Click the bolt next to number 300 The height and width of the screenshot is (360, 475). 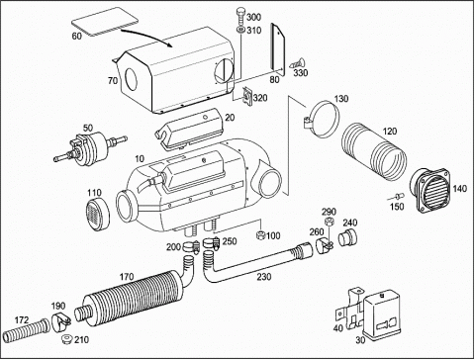click(x=240, y=17)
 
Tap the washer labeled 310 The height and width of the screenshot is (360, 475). click(x=240, y=31)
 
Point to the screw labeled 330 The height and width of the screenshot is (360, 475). click(x=296, y=63)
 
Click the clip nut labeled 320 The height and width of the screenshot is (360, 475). click(x=247, y=96)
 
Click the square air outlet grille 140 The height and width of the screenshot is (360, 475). click(x=430, y=190)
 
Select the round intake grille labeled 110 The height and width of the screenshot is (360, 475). click(x=98, y=214)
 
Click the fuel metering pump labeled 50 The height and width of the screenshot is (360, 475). click(x=89, y=146)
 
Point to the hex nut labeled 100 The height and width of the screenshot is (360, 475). click(x=261, y=235)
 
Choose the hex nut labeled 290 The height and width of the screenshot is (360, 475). click(x=329, y=222)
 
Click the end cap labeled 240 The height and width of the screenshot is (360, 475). click(x=348, y=237)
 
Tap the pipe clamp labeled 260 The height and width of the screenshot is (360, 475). click(x=326, y=245)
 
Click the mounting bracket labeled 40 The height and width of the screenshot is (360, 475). click(x=348, y=310)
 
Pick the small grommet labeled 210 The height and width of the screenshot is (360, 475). click(x=67, y=338)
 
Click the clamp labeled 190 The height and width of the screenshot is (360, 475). click(x=60, y=321)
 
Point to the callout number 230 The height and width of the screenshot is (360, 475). click(x=264, y=277)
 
